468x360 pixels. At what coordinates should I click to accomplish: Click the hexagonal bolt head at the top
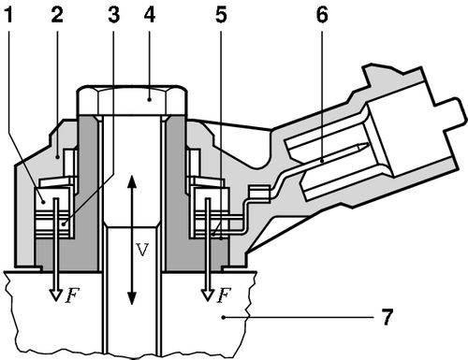pos(131,98)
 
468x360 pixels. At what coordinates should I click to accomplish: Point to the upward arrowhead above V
pos(131,180)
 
